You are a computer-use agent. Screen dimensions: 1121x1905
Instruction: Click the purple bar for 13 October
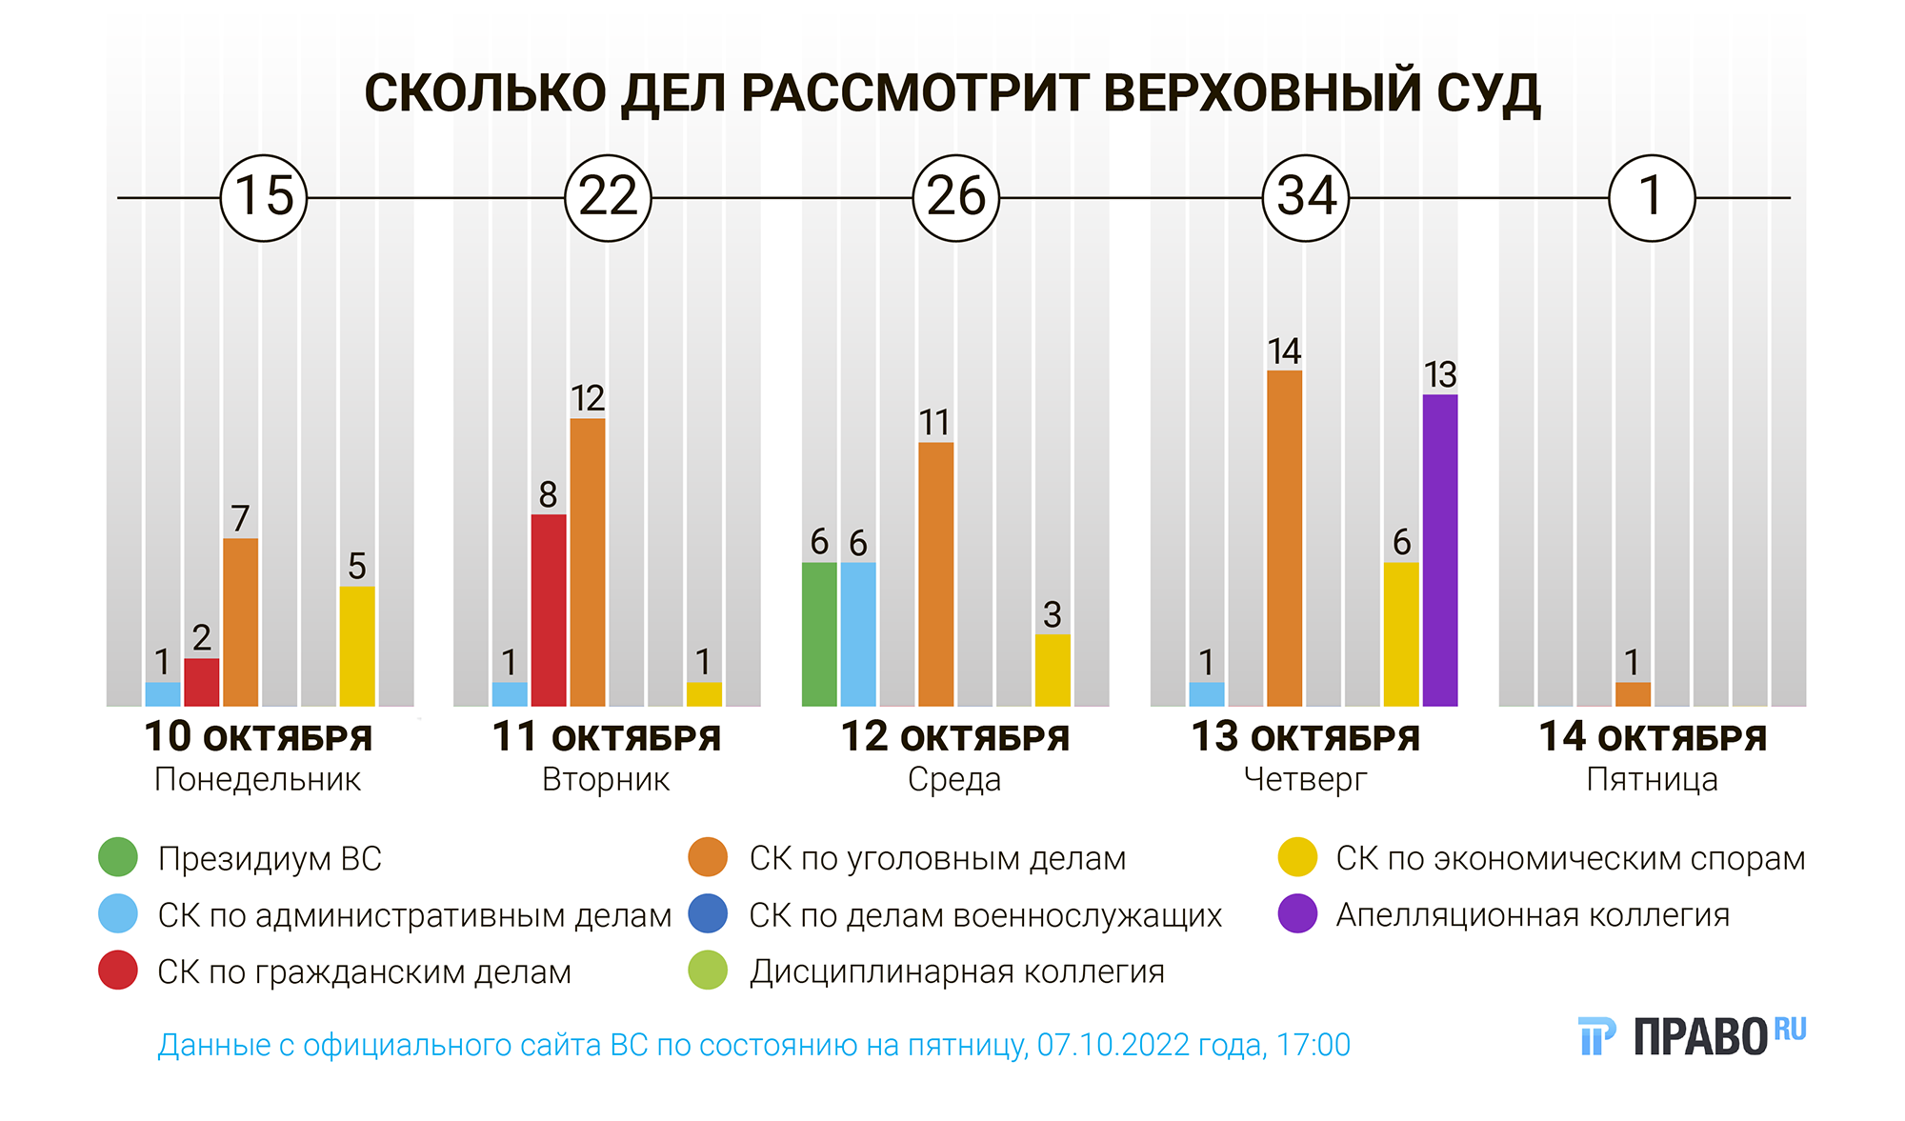coord(1439,550)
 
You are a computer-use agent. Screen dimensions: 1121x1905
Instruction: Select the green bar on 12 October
coord(819,634)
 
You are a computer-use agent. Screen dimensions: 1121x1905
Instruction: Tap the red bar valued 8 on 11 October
coord(549,611)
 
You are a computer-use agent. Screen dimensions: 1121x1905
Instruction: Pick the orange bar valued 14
coord(1284,538)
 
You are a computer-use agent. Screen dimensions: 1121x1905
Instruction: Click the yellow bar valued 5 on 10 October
coord(357,646)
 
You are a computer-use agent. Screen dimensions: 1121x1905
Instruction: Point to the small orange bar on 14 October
coord(1633,694)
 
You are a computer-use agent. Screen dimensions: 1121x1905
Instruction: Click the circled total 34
coord(1306,198)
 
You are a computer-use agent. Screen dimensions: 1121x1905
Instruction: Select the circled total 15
coord(264,198)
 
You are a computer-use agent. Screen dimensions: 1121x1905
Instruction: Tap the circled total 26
coord(956,198)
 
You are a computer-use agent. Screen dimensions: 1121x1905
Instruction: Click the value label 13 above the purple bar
coord(1440,375)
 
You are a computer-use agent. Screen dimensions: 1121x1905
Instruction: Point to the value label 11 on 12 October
coord(934,423)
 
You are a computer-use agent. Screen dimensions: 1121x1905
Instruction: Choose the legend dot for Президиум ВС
coord(118,857)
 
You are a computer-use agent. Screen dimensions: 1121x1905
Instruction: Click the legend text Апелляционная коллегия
coord(1533,914)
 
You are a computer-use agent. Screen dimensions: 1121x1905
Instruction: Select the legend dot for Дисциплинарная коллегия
coord(708,971)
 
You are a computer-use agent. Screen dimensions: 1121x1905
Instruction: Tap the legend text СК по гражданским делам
coord(364,971)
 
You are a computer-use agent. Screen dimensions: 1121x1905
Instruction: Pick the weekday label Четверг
coord(1305,780)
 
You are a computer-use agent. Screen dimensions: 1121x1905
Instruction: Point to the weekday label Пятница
coord(1652,780)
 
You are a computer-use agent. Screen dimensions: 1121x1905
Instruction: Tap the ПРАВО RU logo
coord(1692,1035)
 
